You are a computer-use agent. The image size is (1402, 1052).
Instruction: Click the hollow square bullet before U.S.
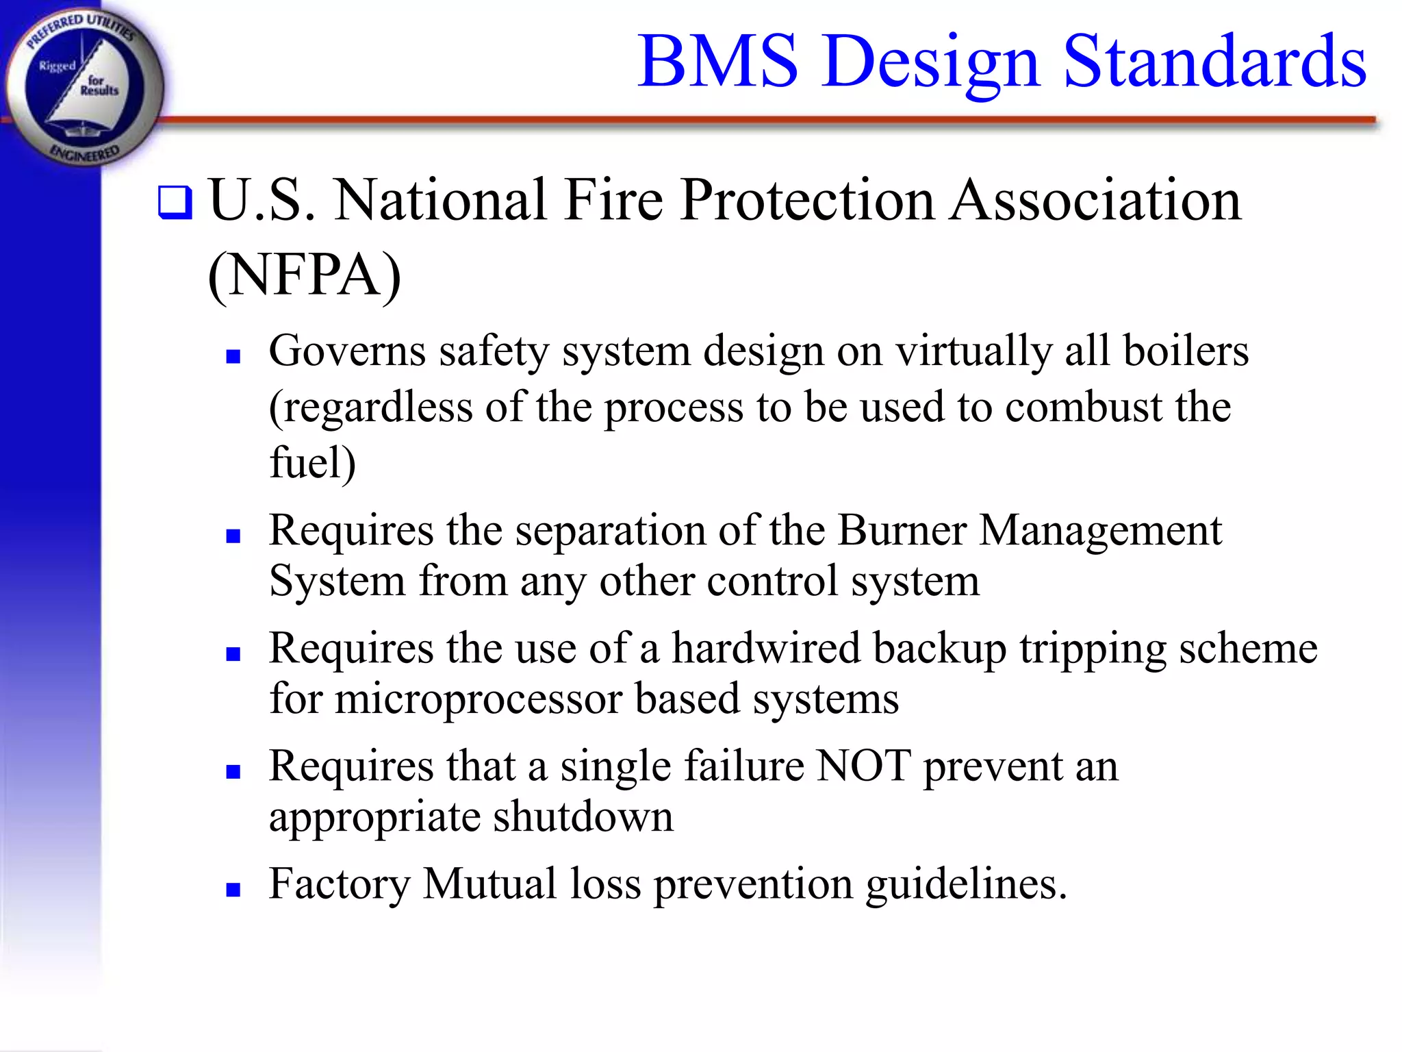click(175, 202)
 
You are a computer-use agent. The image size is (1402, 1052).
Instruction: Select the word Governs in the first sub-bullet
click(347, 351)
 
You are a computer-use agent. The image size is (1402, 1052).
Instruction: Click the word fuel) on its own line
click(312, 462)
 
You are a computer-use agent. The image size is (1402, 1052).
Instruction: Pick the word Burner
click(902, 530)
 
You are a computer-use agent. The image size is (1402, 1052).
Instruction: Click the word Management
click(1100, 530)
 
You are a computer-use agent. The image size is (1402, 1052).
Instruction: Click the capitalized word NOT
click(864, 766)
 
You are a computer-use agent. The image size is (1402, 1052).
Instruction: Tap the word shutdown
click(583, 816)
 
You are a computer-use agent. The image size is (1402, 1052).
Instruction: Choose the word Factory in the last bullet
click(339, 884)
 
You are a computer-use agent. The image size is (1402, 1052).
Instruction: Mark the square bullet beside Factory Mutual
click(233, 890)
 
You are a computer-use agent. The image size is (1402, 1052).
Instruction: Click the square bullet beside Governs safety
click(233, 356)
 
